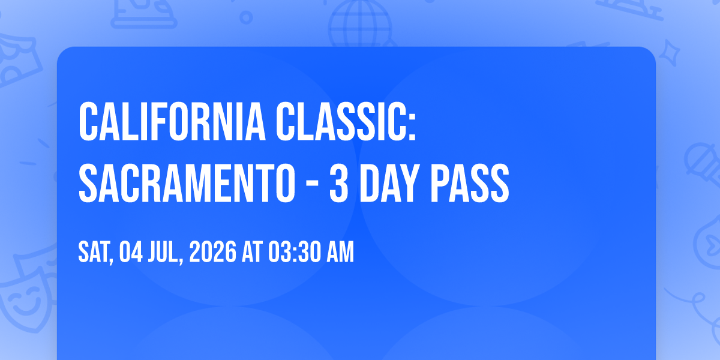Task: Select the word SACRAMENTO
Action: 187,184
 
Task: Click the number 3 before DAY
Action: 339,184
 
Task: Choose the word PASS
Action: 470,184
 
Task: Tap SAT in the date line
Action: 94,252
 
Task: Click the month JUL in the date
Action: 163,252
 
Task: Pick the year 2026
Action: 213,252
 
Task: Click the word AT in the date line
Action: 253,252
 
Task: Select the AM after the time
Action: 340,252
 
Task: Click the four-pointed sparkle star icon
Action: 669,53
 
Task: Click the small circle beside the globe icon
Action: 246,17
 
